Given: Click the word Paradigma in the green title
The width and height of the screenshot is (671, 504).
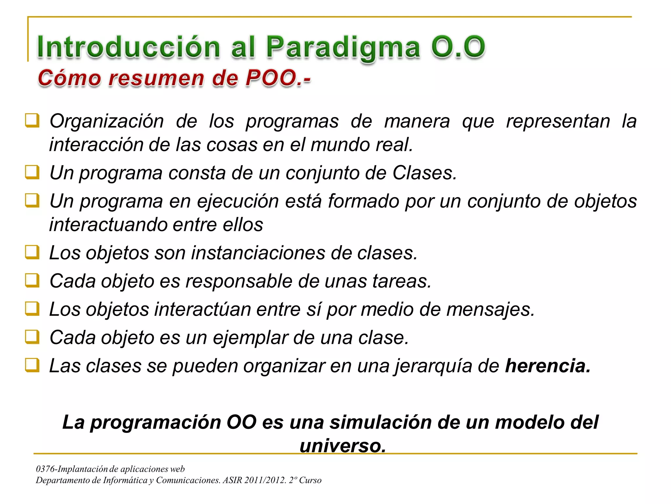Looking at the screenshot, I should click(343, 48).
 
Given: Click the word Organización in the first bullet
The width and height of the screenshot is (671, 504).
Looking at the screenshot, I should click(106, 121).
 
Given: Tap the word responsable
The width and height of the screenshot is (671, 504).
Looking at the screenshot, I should click(239, 281).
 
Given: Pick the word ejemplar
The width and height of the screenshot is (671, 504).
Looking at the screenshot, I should click(250, 338).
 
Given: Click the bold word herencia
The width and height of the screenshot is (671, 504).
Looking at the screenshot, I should click(547, 366).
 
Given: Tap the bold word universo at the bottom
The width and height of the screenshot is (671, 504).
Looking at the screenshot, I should click(343, 446).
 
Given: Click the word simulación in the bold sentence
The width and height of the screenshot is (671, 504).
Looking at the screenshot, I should click(380, 422).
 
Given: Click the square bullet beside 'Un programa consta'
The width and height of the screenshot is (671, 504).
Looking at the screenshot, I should click(32, 172).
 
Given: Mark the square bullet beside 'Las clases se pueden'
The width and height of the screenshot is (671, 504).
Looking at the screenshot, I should click(32, 365).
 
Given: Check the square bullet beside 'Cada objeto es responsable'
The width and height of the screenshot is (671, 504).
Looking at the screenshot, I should click(32, 280).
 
